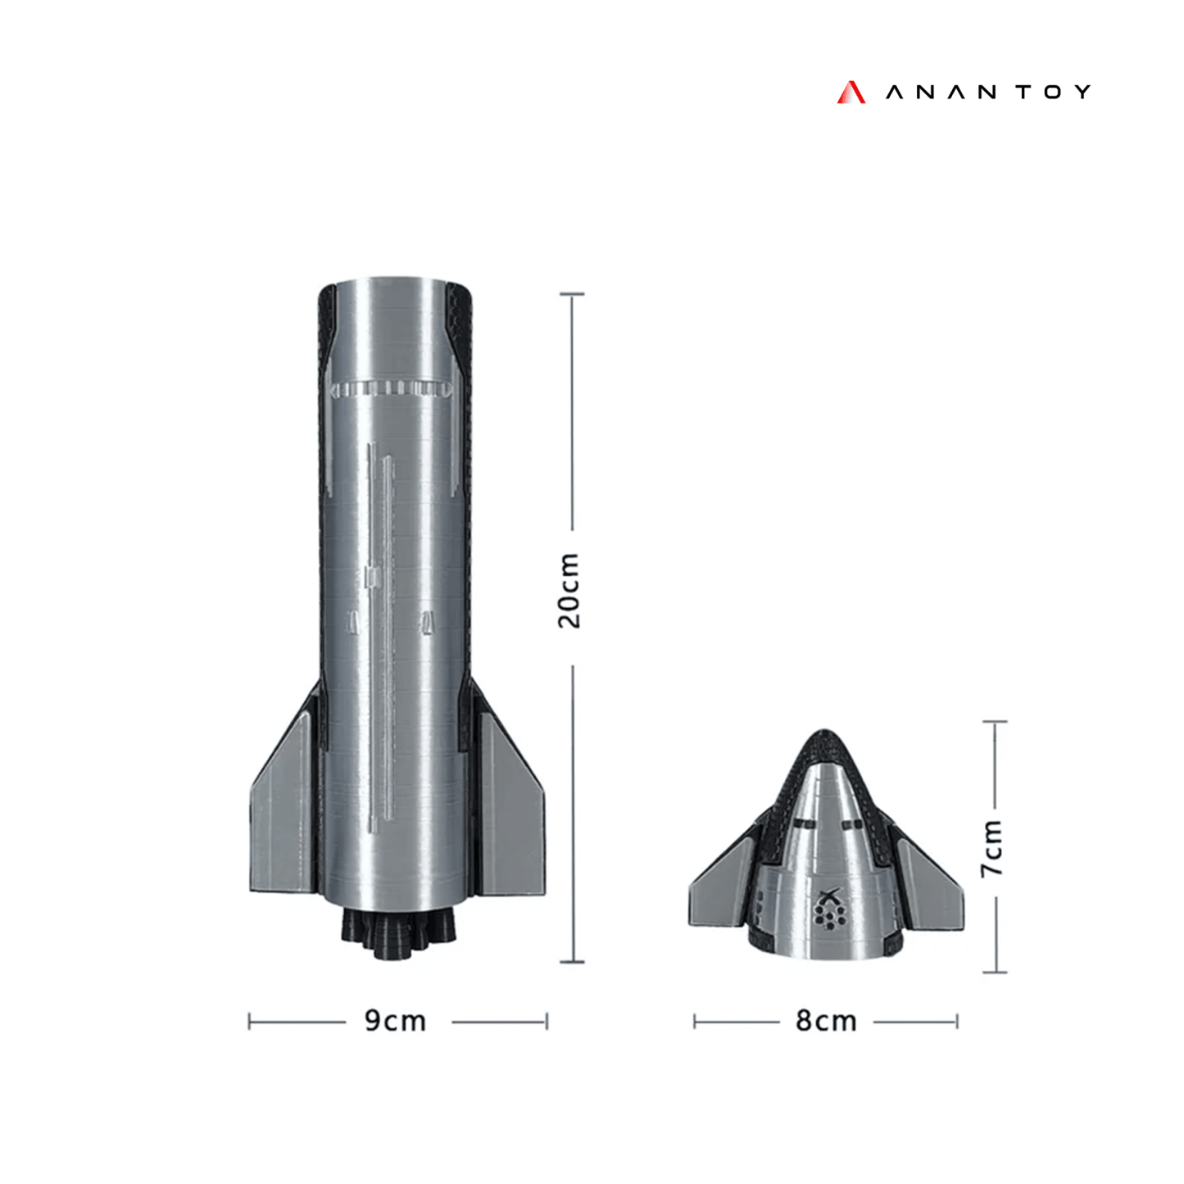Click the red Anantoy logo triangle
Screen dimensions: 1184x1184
(x=851, y=93)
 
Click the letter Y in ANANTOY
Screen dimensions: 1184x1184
(x=1082, y=92)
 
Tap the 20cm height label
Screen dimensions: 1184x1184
(x=569, y=590)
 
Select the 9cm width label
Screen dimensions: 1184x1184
(x=396, y=1021)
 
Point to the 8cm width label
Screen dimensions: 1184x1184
(x=826, y=1021)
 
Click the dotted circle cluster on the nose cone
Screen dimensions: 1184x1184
(x=828, y=917)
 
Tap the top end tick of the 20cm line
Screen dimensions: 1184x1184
(x=572, y=293)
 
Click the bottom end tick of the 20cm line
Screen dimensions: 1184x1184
(x=572, y=961)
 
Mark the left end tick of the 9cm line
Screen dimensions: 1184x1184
(x=249, y=1022)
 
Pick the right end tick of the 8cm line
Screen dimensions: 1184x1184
(x=957, y=1022)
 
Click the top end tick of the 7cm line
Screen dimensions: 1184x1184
(x=995, y=722)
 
